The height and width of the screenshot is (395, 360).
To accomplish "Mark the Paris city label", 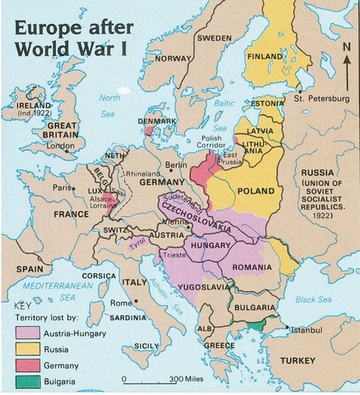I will click(x=62, y=187).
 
